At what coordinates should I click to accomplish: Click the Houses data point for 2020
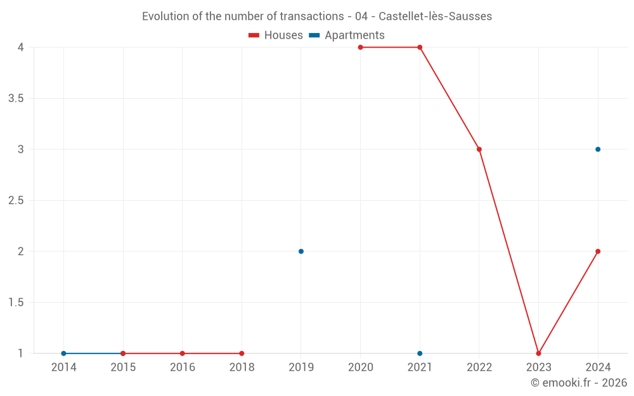click(x=360, y=47)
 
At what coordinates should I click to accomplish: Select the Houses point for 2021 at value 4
click(x=420, y=47)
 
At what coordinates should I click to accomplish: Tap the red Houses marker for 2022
click(x=479, y=150)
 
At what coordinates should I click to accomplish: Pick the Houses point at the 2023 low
click(x=538, y=354)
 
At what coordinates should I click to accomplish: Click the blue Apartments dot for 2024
click(x=598, y=150)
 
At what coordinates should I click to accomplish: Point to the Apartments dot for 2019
click(x=301, y=252)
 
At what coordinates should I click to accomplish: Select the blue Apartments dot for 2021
click(x=420, y=354)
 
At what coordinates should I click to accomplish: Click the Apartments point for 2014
click(x=63, y=354)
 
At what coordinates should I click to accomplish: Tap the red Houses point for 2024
click(x=598, y=252)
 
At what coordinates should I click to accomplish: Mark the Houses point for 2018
click(x=242, y=354)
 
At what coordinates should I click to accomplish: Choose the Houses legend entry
click(x=276, y=35)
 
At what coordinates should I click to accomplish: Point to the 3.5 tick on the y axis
click(x=15, y=98)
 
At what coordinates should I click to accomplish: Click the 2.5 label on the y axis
click(x=15, y=200)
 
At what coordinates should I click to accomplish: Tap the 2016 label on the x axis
click(x=182, y=367)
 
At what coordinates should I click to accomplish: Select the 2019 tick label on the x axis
click(x=301, y=367)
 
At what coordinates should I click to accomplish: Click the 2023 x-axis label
click(x=538, y=367)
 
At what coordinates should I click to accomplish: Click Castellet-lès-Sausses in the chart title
click(x=435, y=16)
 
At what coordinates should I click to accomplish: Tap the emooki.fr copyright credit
click(x=579, y=383)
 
